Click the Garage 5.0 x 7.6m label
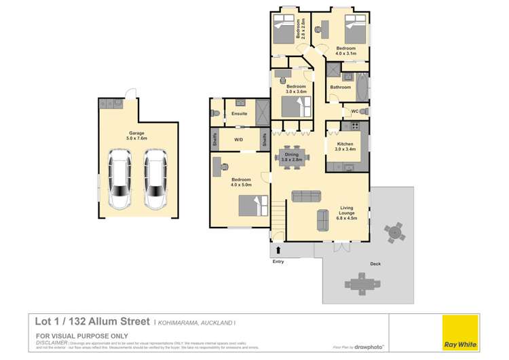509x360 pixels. point(138,136)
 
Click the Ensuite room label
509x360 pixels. point(239,113)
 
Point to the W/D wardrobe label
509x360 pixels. point(239,139)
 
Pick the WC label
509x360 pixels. point(354,111)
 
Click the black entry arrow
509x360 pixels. point(278,251)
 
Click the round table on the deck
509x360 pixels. point(394,233)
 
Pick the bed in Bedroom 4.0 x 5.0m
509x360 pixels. point(251,204)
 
